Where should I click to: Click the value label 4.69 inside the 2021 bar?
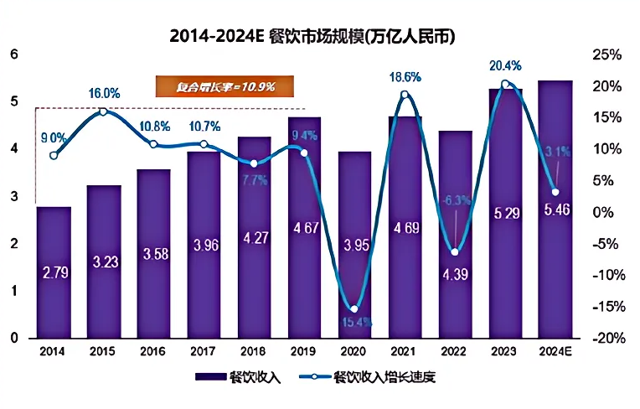coord(405,227)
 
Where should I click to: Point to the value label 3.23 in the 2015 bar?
coord(104,262)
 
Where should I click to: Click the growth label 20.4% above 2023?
coord(505,65)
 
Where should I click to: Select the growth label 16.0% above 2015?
coord(105,93)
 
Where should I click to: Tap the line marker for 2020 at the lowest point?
coord(354,309)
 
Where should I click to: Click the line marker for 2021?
coord(405,95)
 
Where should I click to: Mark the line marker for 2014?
coord(54,155)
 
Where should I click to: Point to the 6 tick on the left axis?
coord(13,54)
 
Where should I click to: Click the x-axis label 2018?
coord(254,353)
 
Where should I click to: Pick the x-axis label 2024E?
coord(555,353)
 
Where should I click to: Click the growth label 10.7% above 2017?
coord(204,127)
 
